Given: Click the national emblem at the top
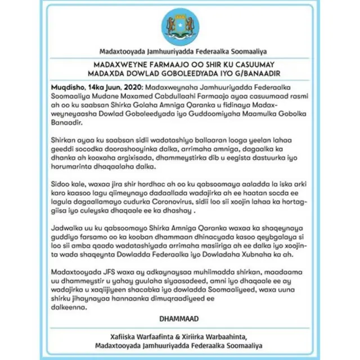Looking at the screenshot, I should (x=179, y=25).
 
